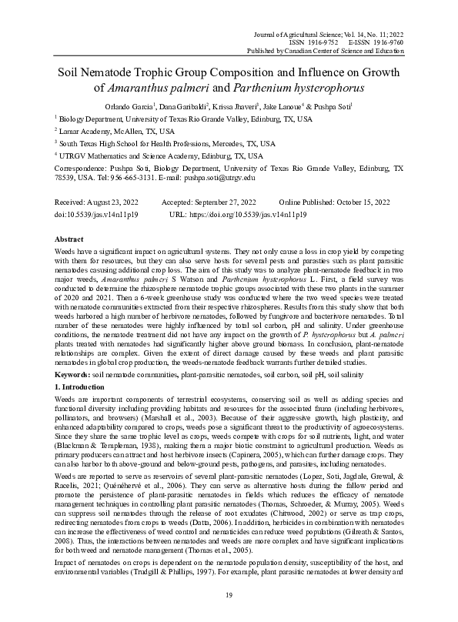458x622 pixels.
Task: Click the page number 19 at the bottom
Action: coord(229,595)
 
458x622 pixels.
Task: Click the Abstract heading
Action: coord(71,239)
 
